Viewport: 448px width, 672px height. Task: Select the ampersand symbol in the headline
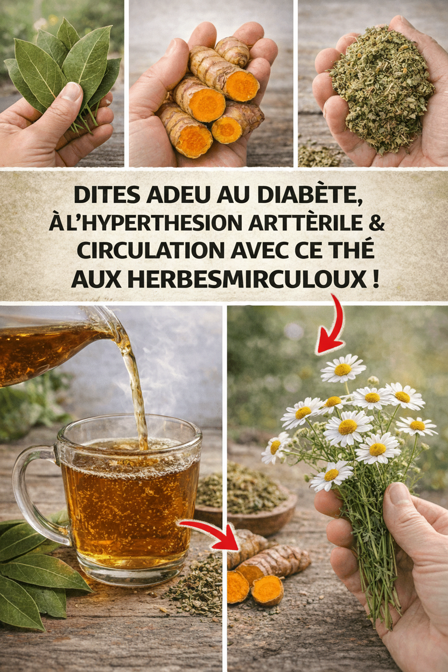coord(376,222)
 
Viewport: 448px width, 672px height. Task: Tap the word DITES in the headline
coord(107,195)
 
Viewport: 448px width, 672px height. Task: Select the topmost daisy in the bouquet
coord(342,369)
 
